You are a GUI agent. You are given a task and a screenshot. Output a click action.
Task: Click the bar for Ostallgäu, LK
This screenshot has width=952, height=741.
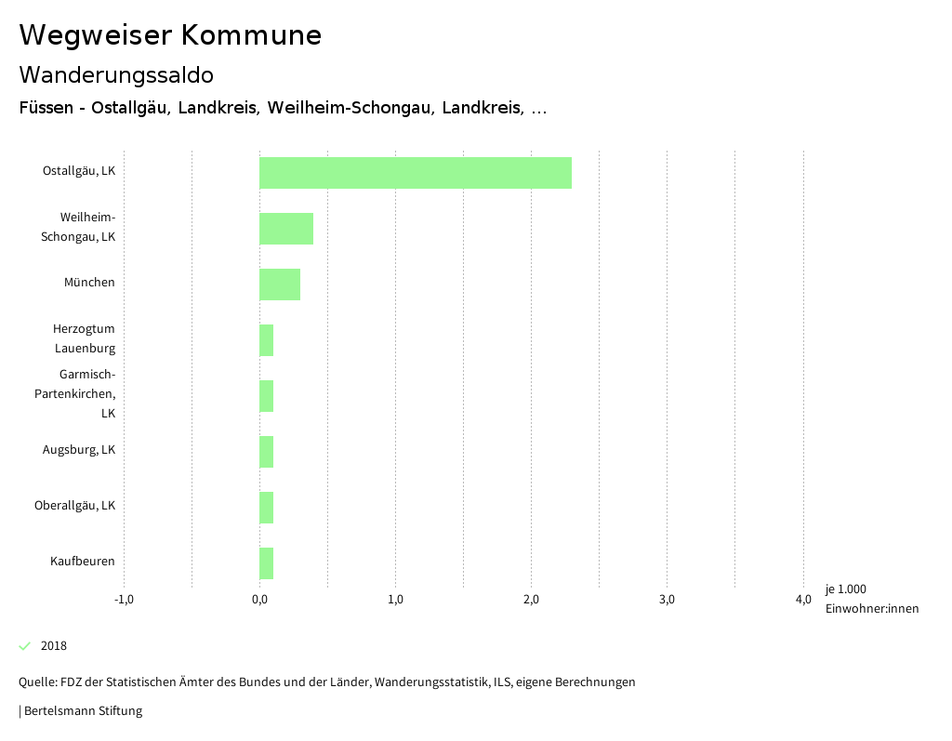[x=415, y=173]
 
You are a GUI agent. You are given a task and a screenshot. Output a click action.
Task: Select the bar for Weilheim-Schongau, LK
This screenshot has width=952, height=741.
[x=286, y=229]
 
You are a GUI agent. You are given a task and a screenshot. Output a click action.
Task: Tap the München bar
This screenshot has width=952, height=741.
[x=280, y=284]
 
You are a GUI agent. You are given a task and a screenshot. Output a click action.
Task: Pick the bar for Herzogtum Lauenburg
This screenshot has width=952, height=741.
[x=267, y=340]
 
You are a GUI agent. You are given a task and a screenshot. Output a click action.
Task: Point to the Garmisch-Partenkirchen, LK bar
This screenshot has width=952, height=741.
[x=267, y=396]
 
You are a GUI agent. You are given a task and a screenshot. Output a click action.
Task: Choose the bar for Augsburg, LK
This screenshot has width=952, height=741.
[x=267, y=452]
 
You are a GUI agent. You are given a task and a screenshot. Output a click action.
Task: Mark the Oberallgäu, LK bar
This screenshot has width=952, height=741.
[x=267, y=508]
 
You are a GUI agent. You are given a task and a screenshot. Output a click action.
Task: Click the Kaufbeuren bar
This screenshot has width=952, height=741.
[x=267, y=563]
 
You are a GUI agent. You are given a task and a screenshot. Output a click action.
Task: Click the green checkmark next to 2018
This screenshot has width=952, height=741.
[x=25, y=646]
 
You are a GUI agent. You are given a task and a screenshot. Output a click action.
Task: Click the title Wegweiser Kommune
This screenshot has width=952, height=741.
[x=170, y=35]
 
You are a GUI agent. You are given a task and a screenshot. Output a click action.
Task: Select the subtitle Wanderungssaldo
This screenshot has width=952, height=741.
[x=116, y=74]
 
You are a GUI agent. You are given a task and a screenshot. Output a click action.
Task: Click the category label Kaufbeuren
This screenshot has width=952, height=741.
[x=83, y=562]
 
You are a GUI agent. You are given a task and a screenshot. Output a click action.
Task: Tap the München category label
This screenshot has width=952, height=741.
[x=89, y=283]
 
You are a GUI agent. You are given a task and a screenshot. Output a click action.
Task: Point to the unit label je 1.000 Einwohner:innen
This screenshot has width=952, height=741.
[x=871, y=599]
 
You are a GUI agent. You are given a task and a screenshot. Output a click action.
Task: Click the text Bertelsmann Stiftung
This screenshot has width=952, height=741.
[x=83, y=711]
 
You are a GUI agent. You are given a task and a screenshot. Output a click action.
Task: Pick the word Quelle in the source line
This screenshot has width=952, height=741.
[x=36, y=682]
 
